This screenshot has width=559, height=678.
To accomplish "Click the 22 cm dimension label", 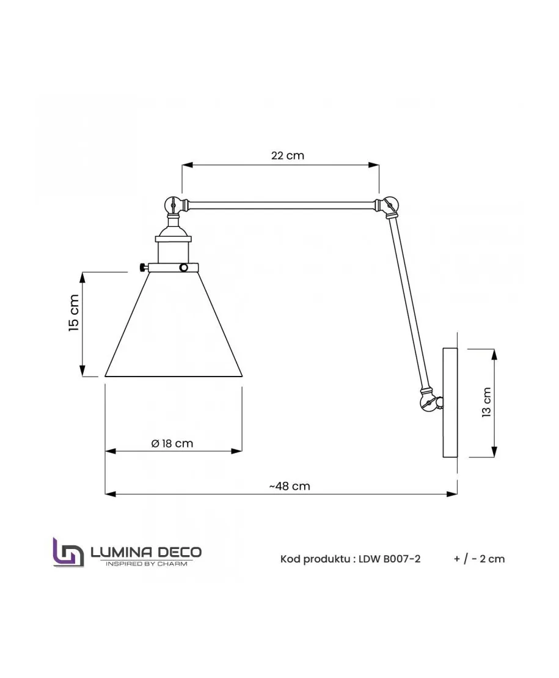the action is tap(287, 155).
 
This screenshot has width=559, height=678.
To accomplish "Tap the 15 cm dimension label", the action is tap(74, 313).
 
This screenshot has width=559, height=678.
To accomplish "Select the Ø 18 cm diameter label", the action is tap(172, 443).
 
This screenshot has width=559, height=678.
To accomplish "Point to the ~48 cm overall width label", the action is tap(290, 486).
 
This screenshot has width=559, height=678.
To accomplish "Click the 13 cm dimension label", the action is tap(486, 402).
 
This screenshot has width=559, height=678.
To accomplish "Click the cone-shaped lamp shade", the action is tap(174, 324).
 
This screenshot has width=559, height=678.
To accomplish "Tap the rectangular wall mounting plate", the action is tap(449, 402).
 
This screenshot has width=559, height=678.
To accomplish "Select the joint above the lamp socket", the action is tap(173, 205).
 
